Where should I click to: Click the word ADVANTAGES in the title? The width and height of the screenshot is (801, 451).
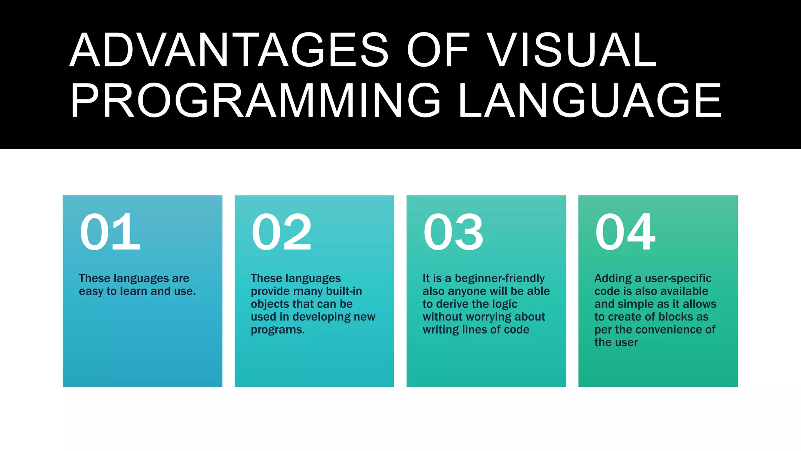click(x=229, y=50)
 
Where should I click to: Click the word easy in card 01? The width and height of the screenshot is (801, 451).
click(x=91, y=292)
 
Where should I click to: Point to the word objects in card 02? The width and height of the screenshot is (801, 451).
click(x=269, y=305)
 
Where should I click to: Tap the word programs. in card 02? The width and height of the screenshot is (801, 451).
click(x=278, y=330)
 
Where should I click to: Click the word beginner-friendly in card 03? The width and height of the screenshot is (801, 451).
click(x=499, y=278)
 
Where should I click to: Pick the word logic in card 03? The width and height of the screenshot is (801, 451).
click(x=504, y=305)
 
